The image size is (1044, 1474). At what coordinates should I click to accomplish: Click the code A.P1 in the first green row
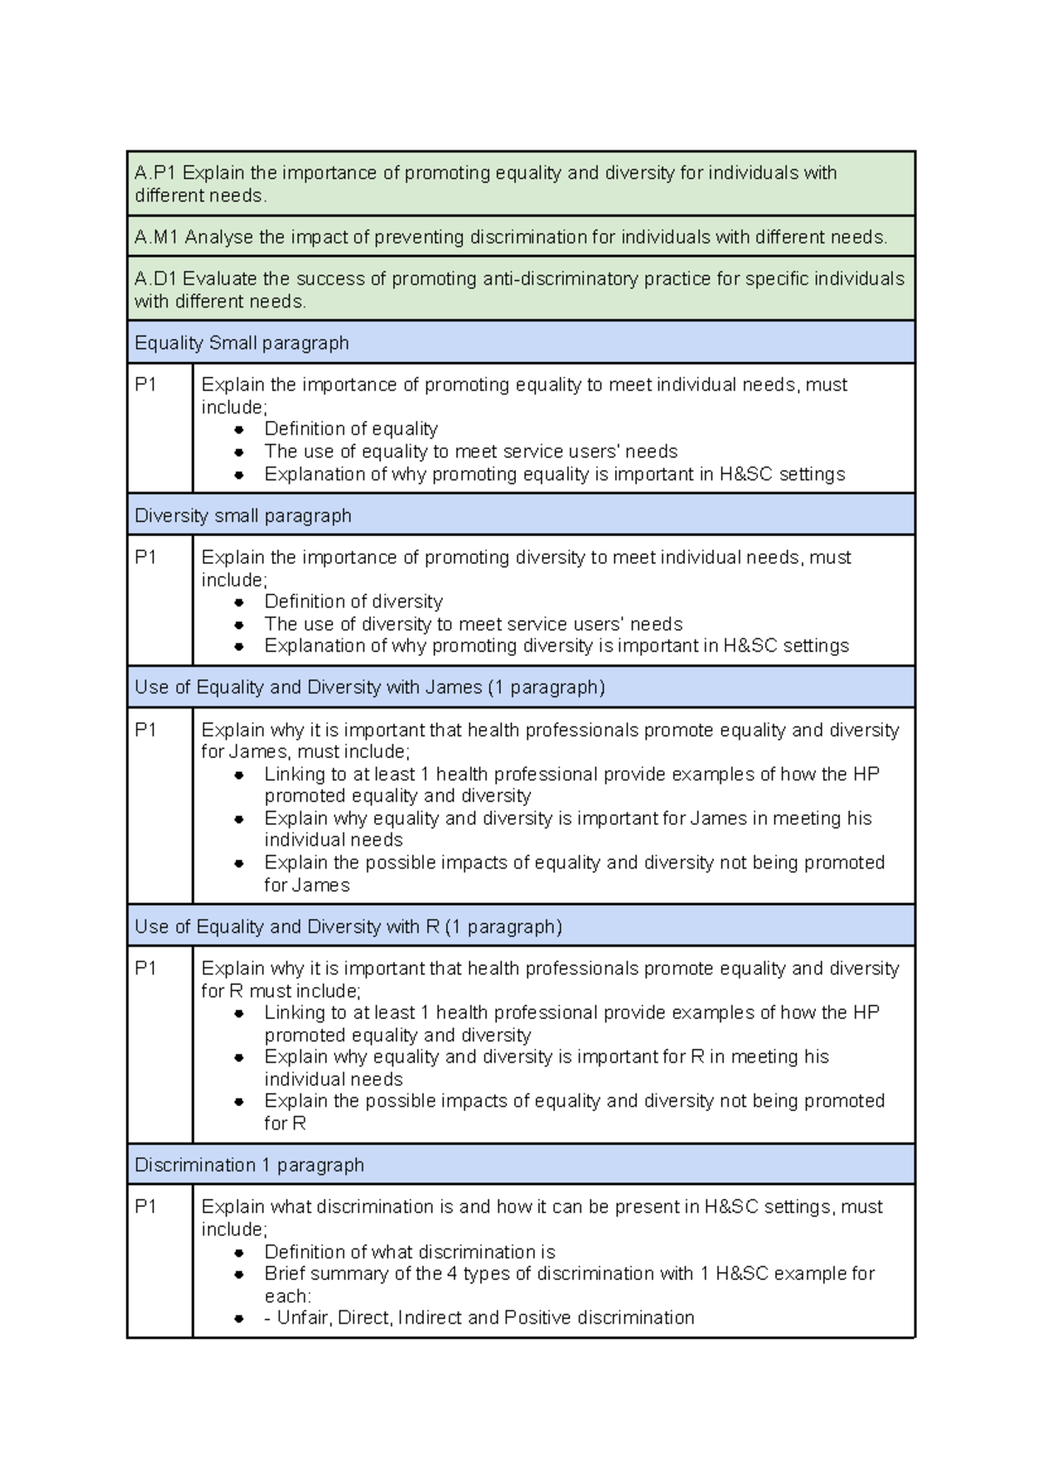[155, 173]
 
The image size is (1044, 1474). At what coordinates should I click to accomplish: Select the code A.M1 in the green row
[157, 237]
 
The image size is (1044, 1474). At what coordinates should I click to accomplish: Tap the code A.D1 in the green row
[156, 278]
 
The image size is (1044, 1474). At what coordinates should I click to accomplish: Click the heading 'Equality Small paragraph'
[242, 343]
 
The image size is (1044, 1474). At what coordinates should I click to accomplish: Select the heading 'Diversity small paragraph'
[243, 515]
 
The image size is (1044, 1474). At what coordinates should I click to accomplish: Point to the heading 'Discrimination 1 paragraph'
[249, 1165]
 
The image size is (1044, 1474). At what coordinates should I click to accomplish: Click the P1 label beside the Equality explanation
[145, 385]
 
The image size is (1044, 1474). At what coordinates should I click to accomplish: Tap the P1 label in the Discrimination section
[145, 1207]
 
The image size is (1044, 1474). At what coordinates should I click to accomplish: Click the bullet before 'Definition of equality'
[239, 429]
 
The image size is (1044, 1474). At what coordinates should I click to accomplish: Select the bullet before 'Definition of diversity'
[239, 602]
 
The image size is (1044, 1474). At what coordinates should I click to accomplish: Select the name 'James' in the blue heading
[453, 687]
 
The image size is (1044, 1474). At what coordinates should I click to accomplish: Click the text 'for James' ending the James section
[307, 885]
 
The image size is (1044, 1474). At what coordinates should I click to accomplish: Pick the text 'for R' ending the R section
[285, 1123]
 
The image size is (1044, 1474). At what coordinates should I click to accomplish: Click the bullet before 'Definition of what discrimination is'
[239, 1252]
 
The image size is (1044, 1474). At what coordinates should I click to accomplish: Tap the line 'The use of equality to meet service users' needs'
[471, 452]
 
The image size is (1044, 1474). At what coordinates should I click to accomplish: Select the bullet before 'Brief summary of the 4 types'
[239, 1274]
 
